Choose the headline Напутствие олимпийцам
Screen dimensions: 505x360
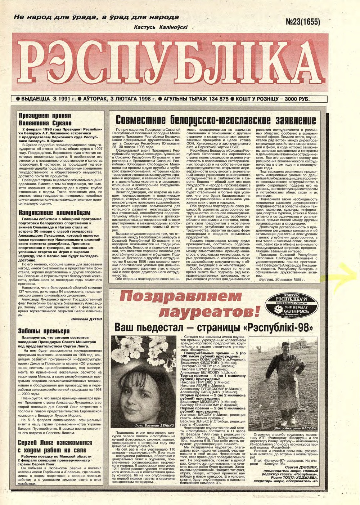point(54,213)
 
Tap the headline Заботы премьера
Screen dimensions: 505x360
point(44,331)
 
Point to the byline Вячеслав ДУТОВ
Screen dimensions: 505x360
point(86,319)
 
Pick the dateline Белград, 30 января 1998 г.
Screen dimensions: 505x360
point(282,279)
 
